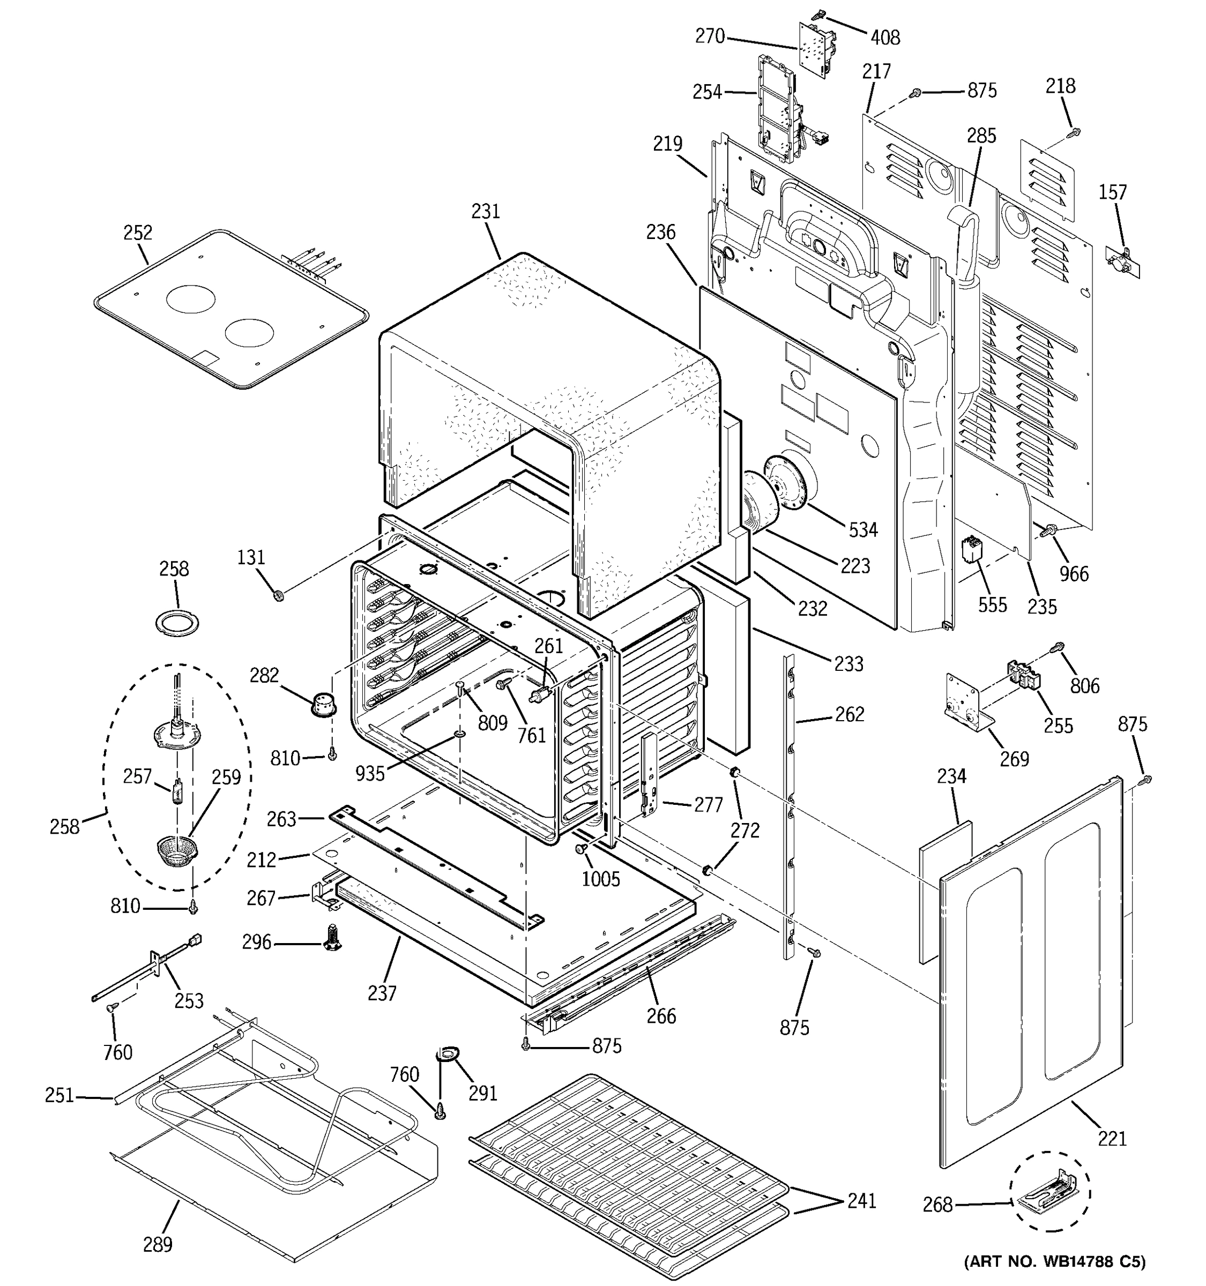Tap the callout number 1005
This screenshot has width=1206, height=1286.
(600, 878)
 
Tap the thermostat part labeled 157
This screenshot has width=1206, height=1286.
(1122, 262)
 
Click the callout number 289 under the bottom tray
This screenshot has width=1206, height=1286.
(157, 1243)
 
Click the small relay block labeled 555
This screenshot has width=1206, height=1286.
(972, 550)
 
